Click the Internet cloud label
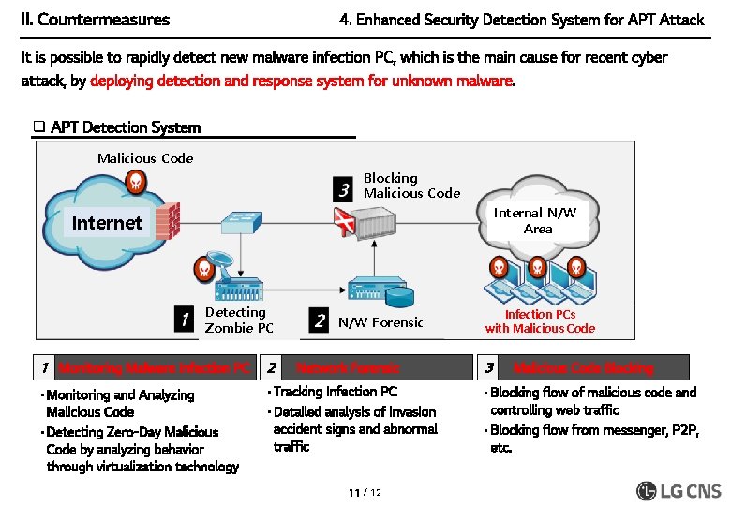(x=107, y=223)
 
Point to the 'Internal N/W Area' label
(x=537, y=220)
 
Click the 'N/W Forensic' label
(x=380, y=322)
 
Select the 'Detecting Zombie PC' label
(x=239, y=320)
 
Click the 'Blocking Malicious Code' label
(x=411, y=186)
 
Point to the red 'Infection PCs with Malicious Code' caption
(x=540, y=321)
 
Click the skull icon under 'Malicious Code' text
(x=137, y=180)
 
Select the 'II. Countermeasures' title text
(x=96, y=20)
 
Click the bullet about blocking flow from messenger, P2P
(x=592, y=439)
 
